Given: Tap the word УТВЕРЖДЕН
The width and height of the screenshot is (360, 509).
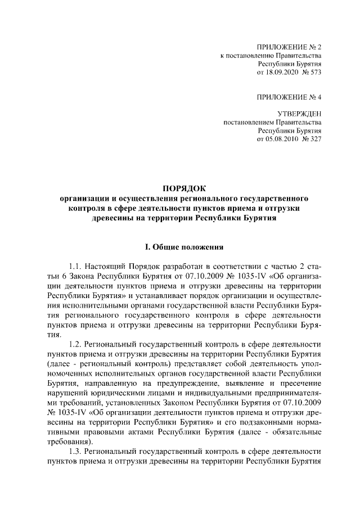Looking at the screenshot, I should tap(299, 114).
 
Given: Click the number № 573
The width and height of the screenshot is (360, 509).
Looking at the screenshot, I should tap(312, 73).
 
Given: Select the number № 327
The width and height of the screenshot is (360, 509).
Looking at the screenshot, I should tap(312, 139).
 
